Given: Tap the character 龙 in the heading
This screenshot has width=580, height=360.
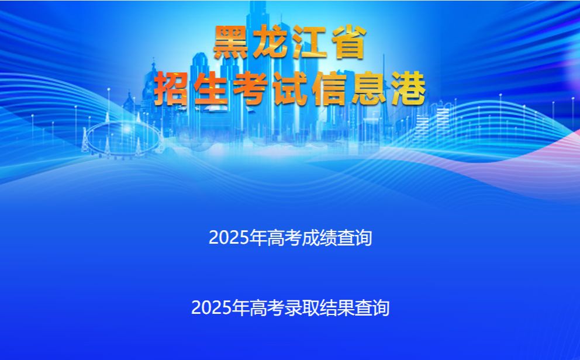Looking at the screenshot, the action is click(x=271, y=42).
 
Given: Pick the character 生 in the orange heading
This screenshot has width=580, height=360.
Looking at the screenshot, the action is click(x=210, y=89).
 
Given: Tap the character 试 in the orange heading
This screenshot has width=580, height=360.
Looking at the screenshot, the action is click(x=290, y=89).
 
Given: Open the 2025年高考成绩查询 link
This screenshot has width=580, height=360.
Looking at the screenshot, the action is click(x=291, y=237).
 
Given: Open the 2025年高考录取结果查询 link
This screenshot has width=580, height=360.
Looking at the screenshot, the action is click(x=291, y=307).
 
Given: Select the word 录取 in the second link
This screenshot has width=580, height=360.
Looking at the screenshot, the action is click(x=302, y=307).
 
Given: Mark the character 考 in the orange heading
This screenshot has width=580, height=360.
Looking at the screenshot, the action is click(x=250, y=89).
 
